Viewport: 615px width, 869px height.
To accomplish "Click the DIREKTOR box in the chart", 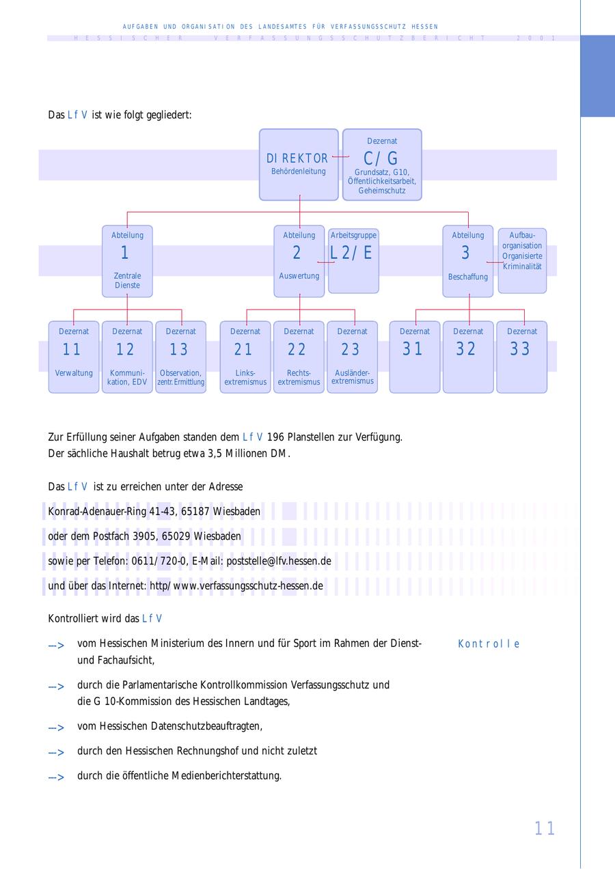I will pos(299,164).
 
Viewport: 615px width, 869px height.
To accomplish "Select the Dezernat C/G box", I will pos(382,164).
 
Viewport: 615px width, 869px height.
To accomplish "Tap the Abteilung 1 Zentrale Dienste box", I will pos(127,261).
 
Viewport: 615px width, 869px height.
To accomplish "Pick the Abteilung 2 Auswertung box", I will pos(299,261).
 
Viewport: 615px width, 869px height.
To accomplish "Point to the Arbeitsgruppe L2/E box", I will pos(353,260).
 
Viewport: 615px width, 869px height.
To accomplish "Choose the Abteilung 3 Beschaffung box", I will pos(467,261).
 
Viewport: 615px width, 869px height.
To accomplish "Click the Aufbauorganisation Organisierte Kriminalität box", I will pos(522,260).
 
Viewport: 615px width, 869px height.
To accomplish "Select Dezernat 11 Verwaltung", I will pos(73,357).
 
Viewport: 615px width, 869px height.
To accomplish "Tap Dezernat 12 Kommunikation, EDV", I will pos(127,357).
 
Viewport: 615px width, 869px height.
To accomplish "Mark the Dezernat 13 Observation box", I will pos(180,357).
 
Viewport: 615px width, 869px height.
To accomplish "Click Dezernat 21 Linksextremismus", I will pos(245,357).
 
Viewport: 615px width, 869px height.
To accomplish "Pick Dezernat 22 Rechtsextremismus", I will pos(299,357).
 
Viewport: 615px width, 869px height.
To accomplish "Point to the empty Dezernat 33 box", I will pos(521,357).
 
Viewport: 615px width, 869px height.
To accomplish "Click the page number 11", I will pos(545,829).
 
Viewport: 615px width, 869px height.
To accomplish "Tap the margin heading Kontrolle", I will pos(489,644).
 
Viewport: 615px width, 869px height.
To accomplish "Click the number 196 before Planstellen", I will pos(275,437).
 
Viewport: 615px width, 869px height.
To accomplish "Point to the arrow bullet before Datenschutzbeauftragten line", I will pos(56,728).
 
